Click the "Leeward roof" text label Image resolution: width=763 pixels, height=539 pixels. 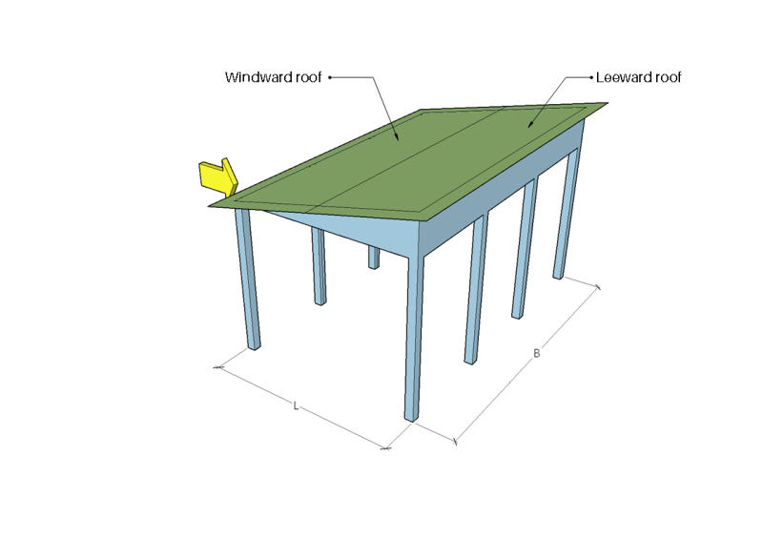(638, 77)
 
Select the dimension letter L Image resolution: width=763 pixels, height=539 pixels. (297, 406)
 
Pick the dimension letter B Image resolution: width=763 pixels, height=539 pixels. (537, 354)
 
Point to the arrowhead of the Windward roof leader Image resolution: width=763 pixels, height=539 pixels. (398, 140)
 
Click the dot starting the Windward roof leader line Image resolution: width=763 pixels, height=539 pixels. (330, 77)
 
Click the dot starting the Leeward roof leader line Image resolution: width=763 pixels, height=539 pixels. (590, 77)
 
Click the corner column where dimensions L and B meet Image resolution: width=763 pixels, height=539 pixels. (413, 334)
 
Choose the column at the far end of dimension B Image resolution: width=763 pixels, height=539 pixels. (567, 219)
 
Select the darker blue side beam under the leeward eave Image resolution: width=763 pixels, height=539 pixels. (505, 191)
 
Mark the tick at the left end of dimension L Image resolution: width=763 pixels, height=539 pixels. (218, 365)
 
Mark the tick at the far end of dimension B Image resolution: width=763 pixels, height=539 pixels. (598, 286)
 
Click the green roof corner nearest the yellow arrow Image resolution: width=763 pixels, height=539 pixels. (212, 202)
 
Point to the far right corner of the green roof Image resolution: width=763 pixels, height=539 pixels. (607, 103)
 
